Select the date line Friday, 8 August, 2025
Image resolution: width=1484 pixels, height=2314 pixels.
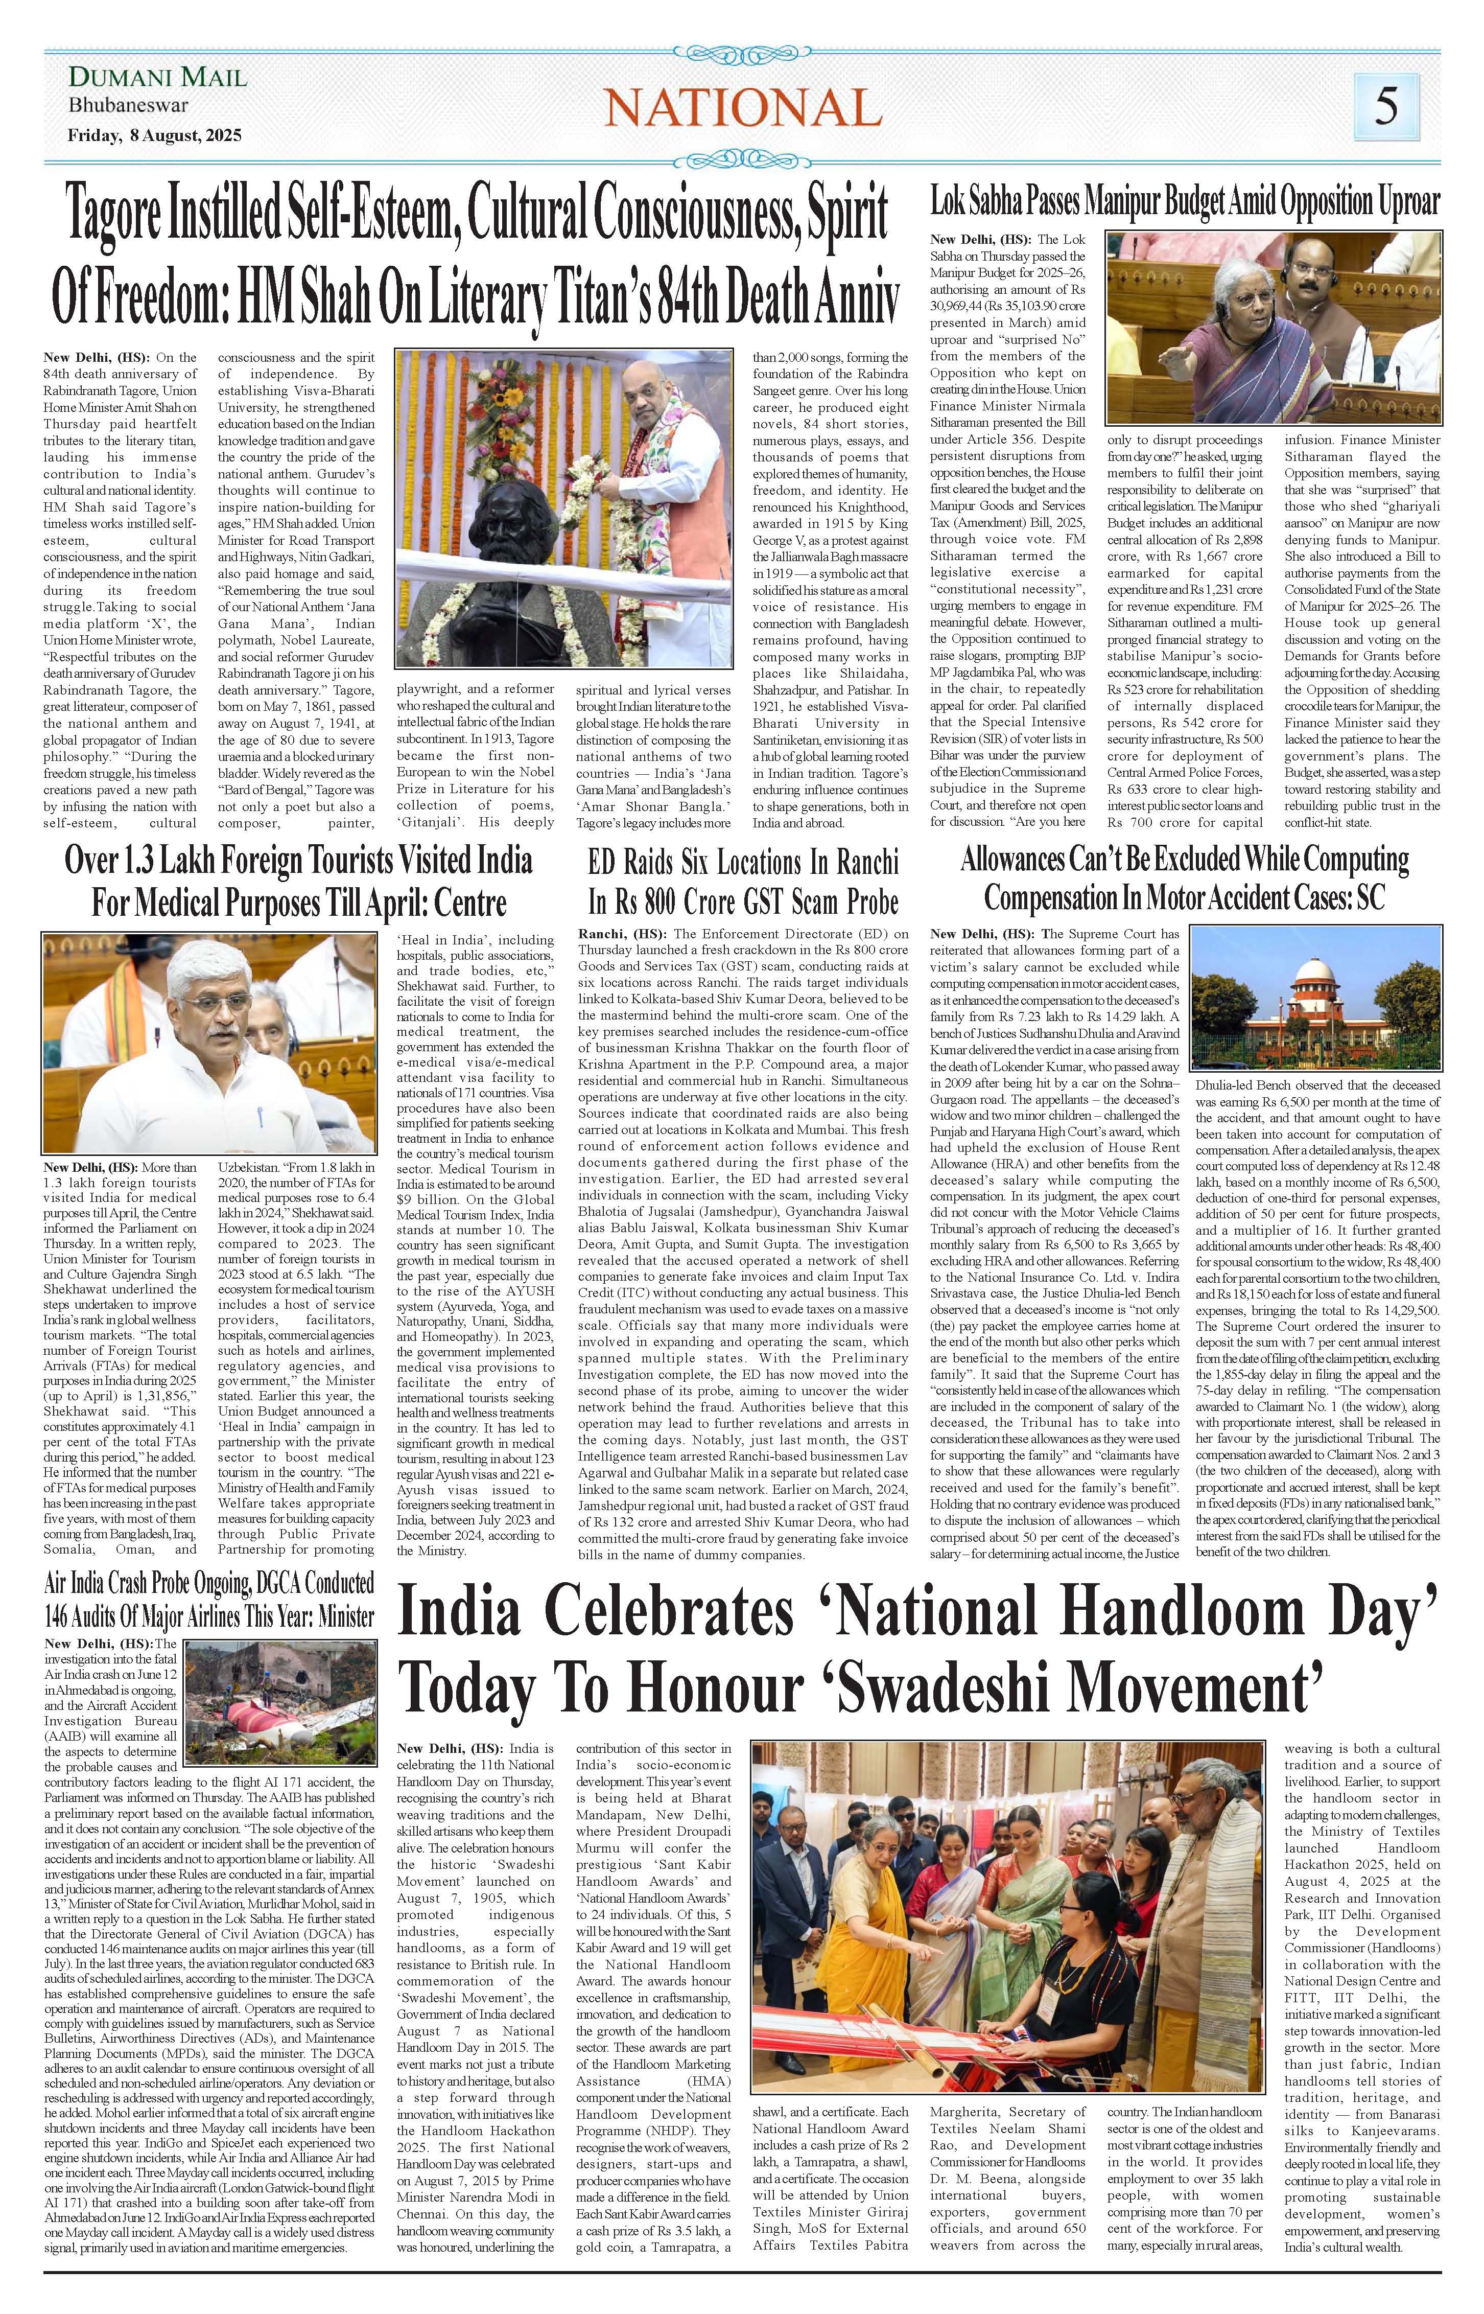point(154,136)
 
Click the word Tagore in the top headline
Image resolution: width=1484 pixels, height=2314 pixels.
point(142,215)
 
